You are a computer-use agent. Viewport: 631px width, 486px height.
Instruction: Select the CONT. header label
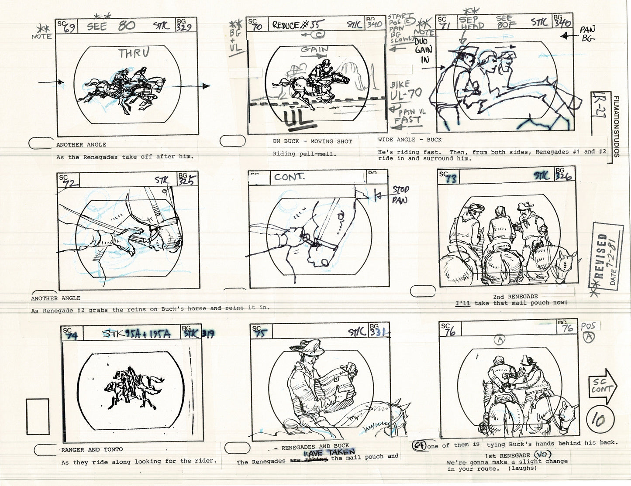point(289,177)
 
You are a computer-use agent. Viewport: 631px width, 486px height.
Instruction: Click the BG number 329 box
point(186,26)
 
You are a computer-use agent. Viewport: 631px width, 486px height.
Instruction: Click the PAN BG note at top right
point(587,34)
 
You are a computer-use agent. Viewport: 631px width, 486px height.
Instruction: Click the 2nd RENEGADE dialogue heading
point(515,296)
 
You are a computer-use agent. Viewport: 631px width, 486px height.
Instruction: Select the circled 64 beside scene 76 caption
point(420,445)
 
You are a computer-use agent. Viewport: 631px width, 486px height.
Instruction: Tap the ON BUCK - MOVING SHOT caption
point(312,141)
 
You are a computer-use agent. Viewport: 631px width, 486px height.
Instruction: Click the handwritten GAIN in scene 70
point(314,50)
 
